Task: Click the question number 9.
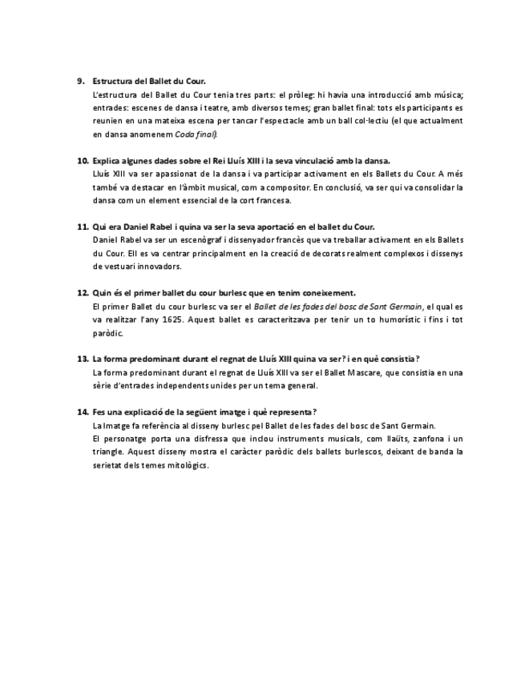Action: (80, 81)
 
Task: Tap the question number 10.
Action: (83, 160)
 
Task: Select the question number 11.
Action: (83, 227)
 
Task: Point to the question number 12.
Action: (83, 293)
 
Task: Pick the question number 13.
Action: (83, 359)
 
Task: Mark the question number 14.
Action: (83, 412)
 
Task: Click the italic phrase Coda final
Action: (196, 134)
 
